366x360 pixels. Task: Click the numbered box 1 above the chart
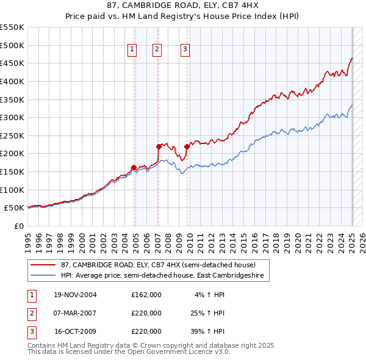132,50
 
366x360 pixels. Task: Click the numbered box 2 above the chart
157,50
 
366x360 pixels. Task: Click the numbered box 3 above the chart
185,50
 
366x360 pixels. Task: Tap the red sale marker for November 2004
134,167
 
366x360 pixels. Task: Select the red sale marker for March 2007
159,146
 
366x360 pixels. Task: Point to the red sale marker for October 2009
187,146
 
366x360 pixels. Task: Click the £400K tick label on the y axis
12,81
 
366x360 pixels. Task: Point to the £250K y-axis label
12,135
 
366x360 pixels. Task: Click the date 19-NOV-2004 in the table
76,295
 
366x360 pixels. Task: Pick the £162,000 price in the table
146,295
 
